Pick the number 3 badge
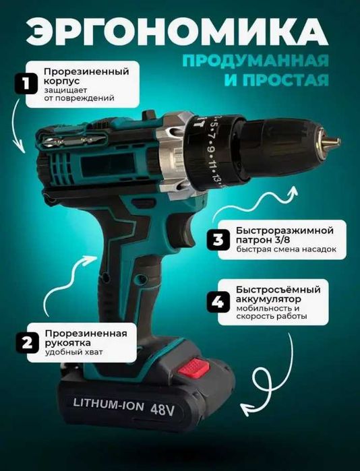[x=218, y=239]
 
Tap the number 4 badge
[x=218, y=302]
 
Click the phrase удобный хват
[x=70, y=352]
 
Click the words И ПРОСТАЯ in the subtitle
[x=292, y=82]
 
